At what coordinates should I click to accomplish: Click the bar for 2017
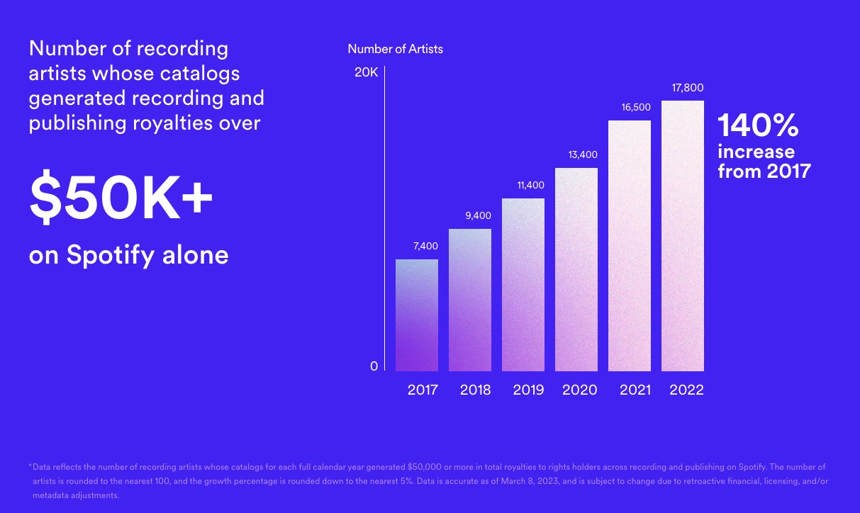tap(417, 315)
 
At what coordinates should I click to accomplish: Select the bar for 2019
tap(523, 285)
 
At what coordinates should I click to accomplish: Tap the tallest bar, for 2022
tap(683, 236)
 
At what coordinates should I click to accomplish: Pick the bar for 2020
tap(576, 269)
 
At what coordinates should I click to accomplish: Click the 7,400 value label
tap(425, 247)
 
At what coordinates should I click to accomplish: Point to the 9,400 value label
tap(478, 215)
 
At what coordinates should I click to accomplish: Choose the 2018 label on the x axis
tap(475, 390)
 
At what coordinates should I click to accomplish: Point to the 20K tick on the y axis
tap(367, 72)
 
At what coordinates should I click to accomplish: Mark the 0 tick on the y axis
tap(374, 366)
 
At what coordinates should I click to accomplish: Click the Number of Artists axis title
tap(395, 49)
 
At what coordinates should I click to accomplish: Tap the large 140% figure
tap(758, 126)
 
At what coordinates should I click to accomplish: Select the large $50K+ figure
tap(121, 201)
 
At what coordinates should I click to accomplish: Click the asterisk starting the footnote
tap(30, 466)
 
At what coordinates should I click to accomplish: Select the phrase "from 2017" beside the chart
tap(764, 171)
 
